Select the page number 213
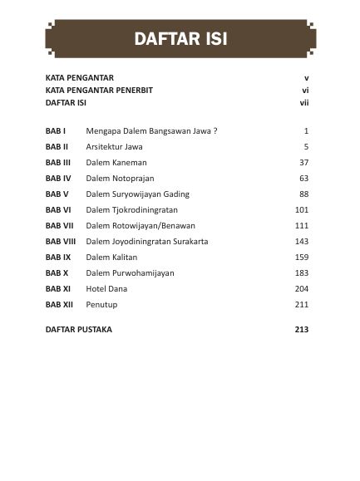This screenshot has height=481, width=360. coord(301,330)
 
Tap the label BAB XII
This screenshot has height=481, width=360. coord(59,304)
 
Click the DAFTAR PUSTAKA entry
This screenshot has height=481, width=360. coord(79,330)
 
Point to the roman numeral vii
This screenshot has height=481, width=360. coord(303,103)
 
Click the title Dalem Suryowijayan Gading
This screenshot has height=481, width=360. coord(138,194)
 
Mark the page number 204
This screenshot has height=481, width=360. coord(301,288)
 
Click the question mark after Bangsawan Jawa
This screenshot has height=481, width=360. coord(215,131)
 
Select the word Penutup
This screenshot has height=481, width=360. coord(103,304)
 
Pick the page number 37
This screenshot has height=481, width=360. coord(303,163)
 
